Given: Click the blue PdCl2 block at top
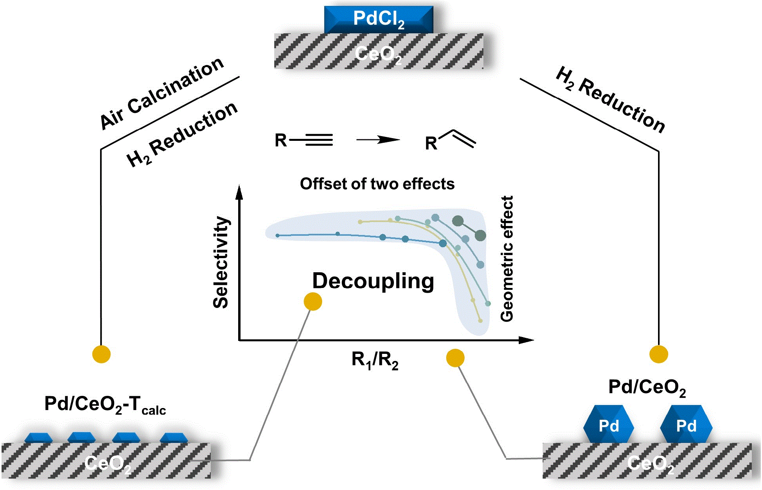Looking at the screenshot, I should [379, 19].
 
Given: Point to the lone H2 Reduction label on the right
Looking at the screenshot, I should [611, 100].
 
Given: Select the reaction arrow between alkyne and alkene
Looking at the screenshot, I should [378, 140].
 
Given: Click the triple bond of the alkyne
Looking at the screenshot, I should [319, 140].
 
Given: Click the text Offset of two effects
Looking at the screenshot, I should [377, 184].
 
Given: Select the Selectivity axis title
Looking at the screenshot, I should [221, 262].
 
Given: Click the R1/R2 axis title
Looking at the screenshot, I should [375, 359].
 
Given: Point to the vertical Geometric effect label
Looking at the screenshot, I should [507, 259].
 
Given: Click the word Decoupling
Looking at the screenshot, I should [373, 281].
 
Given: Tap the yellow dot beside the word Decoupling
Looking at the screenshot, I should [313, 302].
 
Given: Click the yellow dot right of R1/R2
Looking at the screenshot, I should [455, 358].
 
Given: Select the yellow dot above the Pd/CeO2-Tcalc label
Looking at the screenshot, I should [101, 354].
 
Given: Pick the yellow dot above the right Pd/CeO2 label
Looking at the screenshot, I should [658, 354].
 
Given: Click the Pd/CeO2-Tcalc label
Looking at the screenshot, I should [105, 404].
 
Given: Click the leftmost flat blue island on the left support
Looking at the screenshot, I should [38, 438].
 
